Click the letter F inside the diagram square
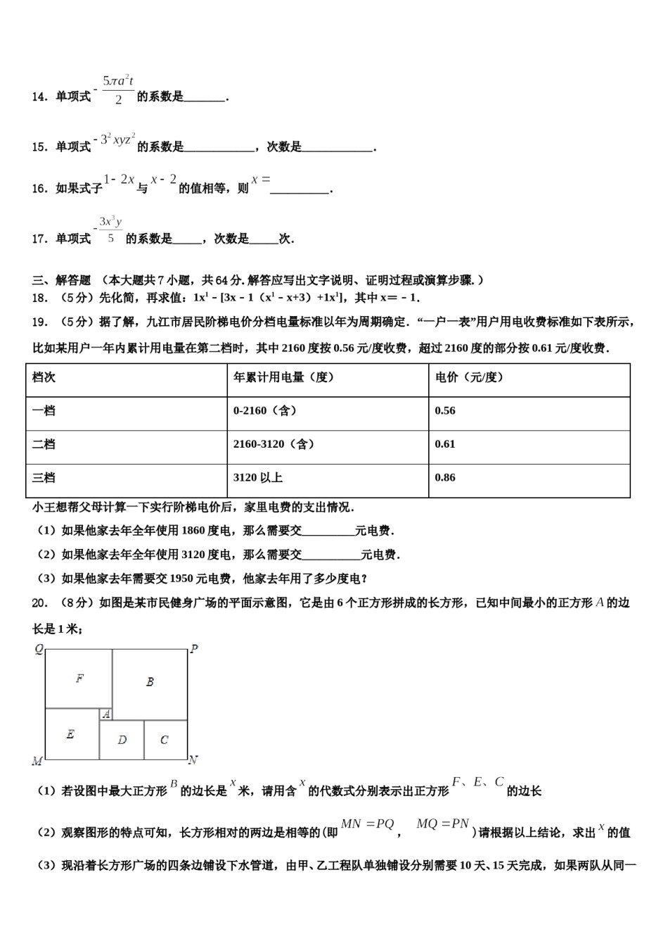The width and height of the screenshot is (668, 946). click(79, 679)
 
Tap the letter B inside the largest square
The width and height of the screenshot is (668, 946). click(150, 681)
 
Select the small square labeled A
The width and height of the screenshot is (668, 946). click(106, 714)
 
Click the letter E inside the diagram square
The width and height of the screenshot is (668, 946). click(70, 734)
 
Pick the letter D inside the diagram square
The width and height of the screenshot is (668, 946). click(122, 740)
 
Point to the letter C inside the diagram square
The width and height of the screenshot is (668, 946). click(164, 740)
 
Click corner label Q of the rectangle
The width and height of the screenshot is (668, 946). click(39, 649)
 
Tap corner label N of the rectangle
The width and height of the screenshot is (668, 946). click(193, 760)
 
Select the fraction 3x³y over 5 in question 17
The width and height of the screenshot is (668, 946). click(110, 229)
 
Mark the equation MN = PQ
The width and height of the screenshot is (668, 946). click(367, 824)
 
